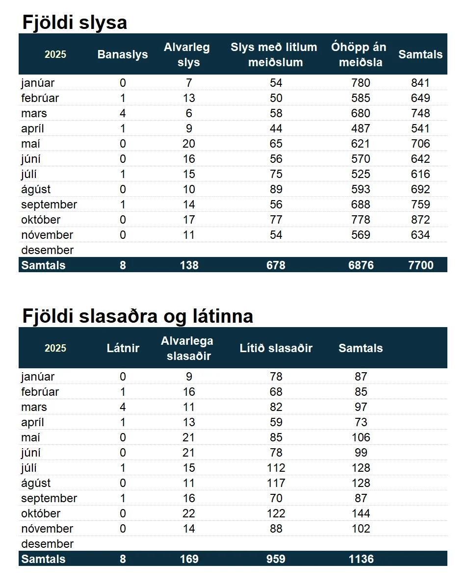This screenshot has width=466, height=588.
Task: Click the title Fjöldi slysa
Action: click(75, 23)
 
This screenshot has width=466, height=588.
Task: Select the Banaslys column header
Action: click(123, 54)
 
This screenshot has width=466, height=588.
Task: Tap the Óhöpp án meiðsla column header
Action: click(359, 54)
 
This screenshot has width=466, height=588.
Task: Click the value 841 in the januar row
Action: click(420, 83)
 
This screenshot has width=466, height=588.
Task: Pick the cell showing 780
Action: click(361, 83)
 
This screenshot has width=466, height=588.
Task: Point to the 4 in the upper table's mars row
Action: click(123, 113)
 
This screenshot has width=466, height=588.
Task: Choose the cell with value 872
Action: click(420, 220)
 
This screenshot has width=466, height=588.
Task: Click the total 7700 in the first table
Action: click(420, 265)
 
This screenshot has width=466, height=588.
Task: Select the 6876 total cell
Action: click(361, 265)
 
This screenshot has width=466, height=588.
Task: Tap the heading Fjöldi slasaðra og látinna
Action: click(137, 316)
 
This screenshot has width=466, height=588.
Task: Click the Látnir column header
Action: click(123, 348)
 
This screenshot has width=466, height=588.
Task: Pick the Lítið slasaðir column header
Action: click(276, 348)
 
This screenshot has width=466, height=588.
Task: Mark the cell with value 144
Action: click(361, 513)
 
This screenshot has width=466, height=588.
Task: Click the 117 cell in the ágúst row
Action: click(276, 483)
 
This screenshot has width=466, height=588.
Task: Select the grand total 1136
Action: click(361, 559)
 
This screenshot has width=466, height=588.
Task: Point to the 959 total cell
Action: click(276, 559)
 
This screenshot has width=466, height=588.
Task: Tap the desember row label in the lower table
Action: click(47, 544)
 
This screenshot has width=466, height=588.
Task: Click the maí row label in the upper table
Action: click(30, 144)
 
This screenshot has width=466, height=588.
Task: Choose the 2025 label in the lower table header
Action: click(55, 348)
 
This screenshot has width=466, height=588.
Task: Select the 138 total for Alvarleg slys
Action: click(189, 265)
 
